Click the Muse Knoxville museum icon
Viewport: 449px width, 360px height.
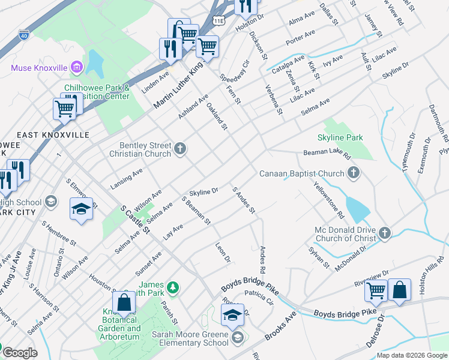tap(76, 67)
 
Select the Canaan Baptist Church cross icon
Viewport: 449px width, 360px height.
tap(354, 174)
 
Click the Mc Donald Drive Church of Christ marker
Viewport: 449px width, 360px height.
tap(385, 233)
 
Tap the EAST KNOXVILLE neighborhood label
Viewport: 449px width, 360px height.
tap(53, 135)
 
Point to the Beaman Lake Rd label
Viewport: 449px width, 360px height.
tap(327, 154)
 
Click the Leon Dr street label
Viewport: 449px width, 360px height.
tap(223, 252)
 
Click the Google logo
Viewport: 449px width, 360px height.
tap(20, 353)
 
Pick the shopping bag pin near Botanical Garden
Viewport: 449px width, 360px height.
tap(124, 304)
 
